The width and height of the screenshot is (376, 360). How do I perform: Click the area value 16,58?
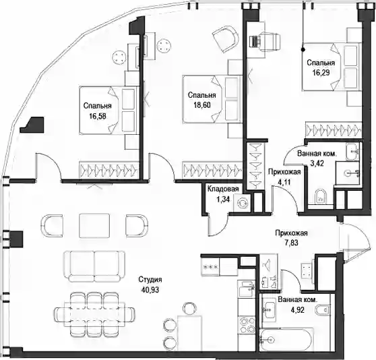pyautogui.click(x=98, y=117)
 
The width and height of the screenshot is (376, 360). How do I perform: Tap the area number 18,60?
pyautogui.click(x=202, y=105)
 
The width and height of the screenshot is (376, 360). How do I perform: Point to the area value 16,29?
pyautogui.click(x=321, y=73)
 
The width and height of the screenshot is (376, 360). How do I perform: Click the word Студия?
pyautogui.click(x=150, y=280)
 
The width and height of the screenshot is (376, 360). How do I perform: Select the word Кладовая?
pyautogui.click(x=223, y=189)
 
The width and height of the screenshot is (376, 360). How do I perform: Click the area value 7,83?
pyautogui.click(x=291, y=243)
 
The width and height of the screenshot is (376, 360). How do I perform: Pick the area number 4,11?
pyautogui.click(x=284, y=182)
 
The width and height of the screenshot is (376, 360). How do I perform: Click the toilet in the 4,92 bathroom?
pyautogui.click(x=322, y=309)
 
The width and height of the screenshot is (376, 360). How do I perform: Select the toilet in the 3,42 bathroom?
pyautogui.click(x=320, y=196)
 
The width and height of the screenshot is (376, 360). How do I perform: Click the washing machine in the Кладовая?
pyautogui.click(x=242, y=203)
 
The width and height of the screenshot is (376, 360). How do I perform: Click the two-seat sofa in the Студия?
pyautogui.click(x=94, y=266)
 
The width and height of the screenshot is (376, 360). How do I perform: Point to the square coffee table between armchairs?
pyautogui.click(x=94, y=226)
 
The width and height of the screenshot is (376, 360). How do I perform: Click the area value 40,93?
pyautogui.click(x=150, y=290)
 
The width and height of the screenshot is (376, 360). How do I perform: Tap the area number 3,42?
pyautogui.click(x=317, y=164)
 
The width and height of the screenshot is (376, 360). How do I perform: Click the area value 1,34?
pyautogui.click(x=223, y=200)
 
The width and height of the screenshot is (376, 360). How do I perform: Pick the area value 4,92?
pyautogui.click(x=297, y=310)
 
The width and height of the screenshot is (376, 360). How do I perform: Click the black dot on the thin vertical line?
pyautogui.click(x=303, y=50)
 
